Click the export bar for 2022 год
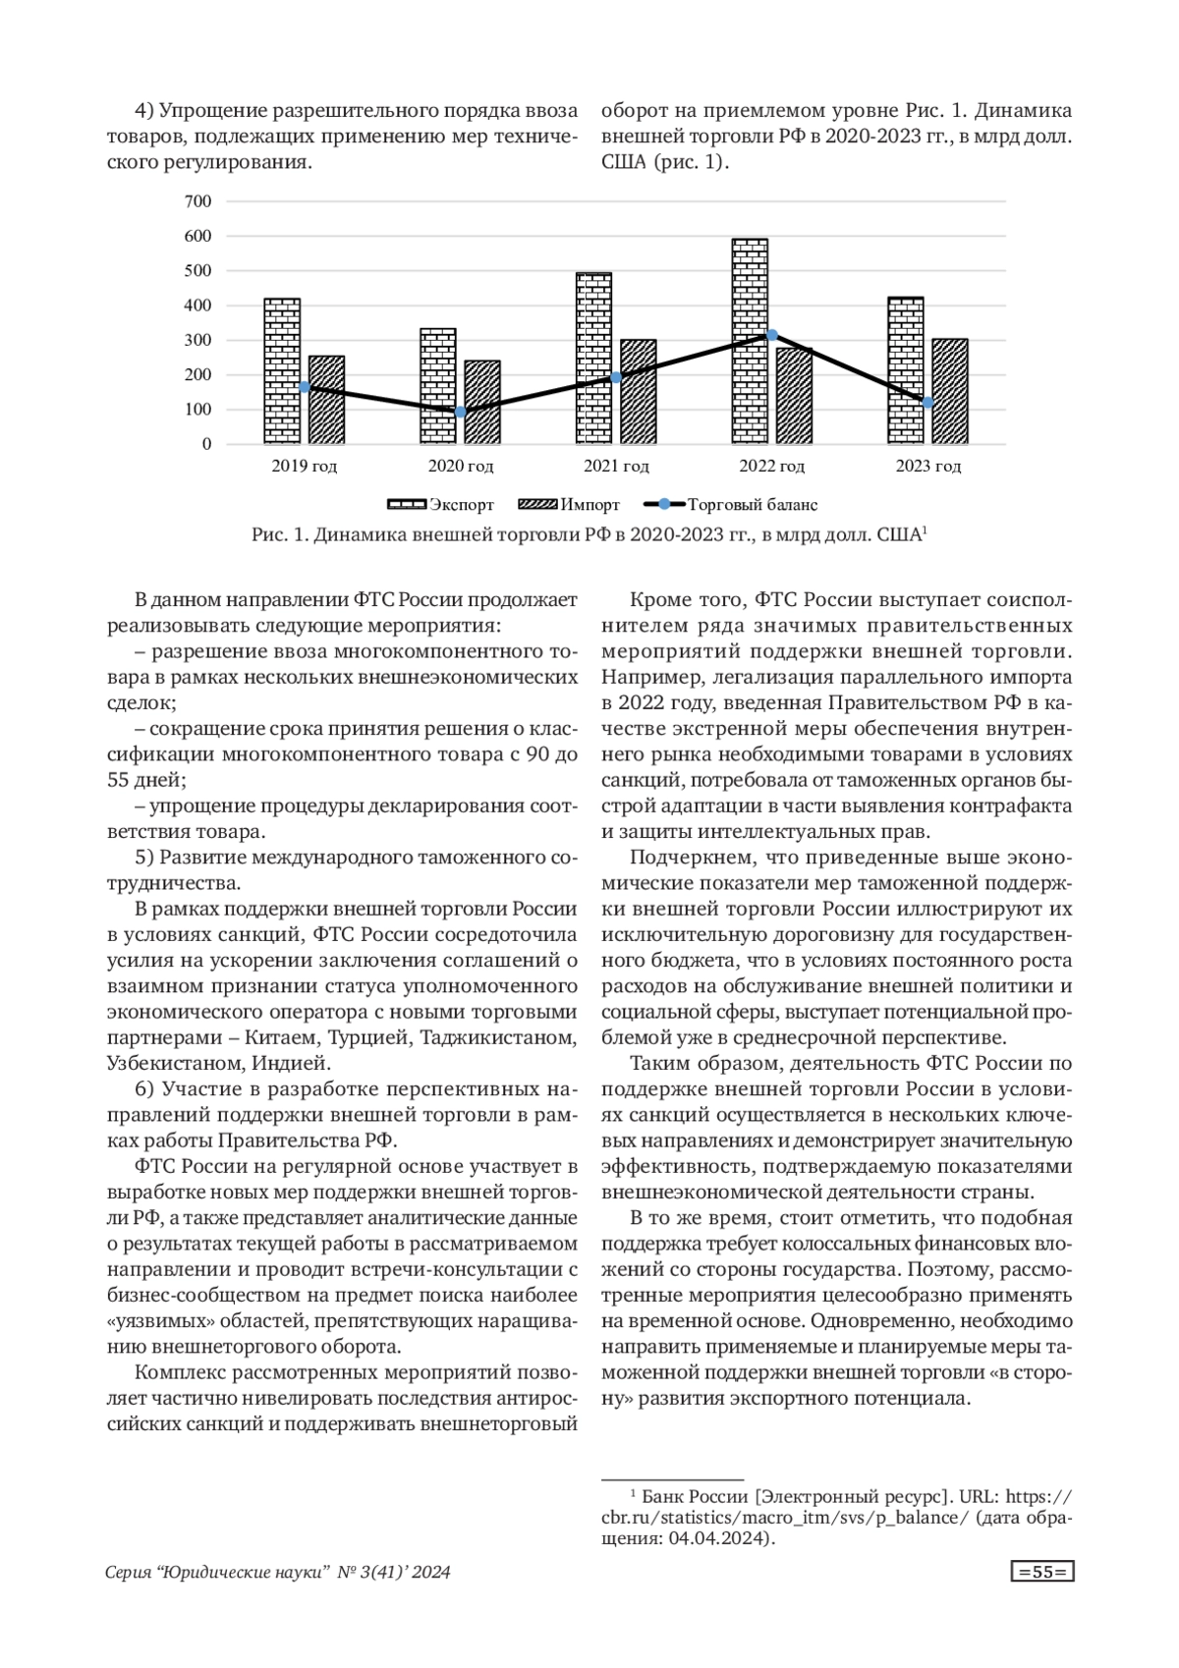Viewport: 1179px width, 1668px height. click(751, 341)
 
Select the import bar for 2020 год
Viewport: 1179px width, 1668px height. click(482, 402)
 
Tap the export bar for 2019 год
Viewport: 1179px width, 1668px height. click(282, 370)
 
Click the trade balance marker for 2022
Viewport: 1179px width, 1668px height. click(772, 335)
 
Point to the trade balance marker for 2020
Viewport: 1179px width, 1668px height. click(460, 412)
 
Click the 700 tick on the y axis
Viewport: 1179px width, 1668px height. click(198, 201)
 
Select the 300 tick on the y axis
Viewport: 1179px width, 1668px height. click(198, 340)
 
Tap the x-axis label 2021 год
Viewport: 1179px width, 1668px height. click(616, 467)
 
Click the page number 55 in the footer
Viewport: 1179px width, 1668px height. click(1042, 1573)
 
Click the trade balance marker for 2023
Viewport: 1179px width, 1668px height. click(927, 403)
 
